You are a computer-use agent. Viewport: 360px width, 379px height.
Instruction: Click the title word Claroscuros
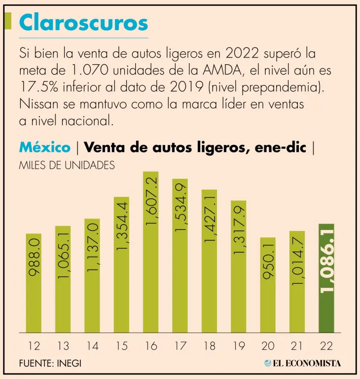pos(83,23)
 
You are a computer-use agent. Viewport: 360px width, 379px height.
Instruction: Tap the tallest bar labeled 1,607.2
pos(150,252)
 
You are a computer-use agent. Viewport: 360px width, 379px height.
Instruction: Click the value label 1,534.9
pos(180,207)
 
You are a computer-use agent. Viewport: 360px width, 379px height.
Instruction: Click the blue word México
pos(44,147)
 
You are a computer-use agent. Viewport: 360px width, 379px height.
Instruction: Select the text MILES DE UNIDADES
pos(67,165)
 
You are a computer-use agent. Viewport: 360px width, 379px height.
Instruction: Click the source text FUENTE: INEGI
pos(50,363)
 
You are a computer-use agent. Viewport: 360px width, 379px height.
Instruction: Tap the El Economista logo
pos(302,363)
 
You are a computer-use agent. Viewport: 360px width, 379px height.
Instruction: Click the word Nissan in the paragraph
pos(38,105)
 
